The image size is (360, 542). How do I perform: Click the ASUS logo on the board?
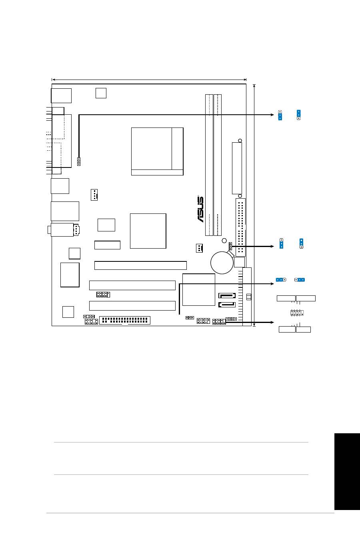pyautogui.click(x=200, y=209)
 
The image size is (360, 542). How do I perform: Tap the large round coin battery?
pyautogui.click(x=222, y=263)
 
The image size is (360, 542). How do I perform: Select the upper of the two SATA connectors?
pyautogui.click(x=227, y=295)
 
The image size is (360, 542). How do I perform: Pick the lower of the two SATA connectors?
pyautogui.click(x=227, y=305)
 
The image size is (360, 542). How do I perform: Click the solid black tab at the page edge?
pyautogui.click(x=347, y=472)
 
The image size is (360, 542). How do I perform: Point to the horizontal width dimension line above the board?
pyautogui.click(x=149, y=80)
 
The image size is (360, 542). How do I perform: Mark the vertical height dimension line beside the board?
pyautogui.click(x=254, y=205)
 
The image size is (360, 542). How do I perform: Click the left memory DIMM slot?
pyautogui.click(x=209, y=165)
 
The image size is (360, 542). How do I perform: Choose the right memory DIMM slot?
pyautogui.click(x=218, y=165)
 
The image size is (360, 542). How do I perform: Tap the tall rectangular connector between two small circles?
pyautogui.click(x=237, y=168)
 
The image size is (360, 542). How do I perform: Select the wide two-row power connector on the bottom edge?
pyautogui.click(x=125, y=320)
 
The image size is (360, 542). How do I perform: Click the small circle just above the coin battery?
pyautogui.click(x=224, y=241)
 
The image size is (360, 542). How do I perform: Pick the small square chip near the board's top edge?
pyautogui.click(x=101, y=93)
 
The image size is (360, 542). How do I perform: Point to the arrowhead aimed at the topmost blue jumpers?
pyautogui.click(x=272, y=115)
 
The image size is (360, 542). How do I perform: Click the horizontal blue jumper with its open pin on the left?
pyautogui.click(x=300, y=280)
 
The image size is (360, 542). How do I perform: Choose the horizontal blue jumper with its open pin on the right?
pyautogui.click(x=281, y=280)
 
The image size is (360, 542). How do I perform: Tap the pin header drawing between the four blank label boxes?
pyautogui.click(x=297, y=313)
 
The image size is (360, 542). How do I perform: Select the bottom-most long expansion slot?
pyautogui.click(x=132, y=306)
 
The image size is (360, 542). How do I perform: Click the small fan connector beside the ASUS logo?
pyautogui.click(x=199, y=248)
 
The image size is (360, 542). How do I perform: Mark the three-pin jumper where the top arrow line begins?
pyautogui.click(x=79, y=161)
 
